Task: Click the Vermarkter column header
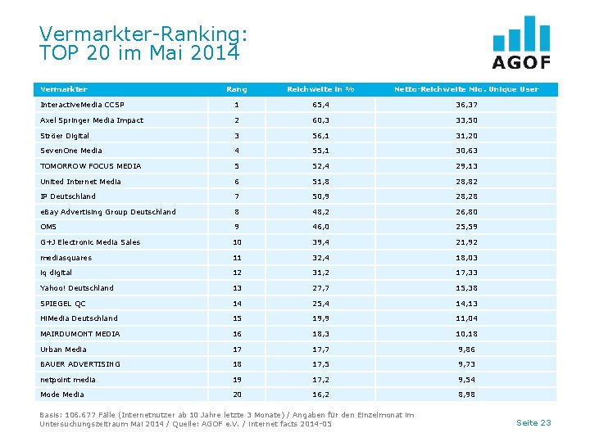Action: [64, 89]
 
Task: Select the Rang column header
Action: [236, 89]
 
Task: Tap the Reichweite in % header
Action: [320, 89]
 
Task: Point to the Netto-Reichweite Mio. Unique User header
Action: [466, 89]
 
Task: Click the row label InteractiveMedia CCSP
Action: [82, 105]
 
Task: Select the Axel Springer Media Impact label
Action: [92, 120]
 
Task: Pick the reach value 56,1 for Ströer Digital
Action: [320, 136]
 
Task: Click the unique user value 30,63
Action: [466, 151]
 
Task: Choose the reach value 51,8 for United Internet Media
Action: [320, 182]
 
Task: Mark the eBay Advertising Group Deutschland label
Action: [108, 212]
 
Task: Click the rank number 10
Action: [237, 242]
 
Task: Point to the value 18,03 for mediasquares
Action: [466, 258]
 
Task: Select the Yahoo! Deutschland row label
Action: [77, 288]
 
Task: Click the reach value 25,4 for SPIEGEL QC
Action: [320, 304]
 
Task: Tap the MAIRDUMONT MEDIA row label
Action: [80, 334]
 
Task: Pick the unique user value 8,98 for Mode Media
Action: [466, 395]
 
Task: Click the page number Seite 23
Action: [533, 422]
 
